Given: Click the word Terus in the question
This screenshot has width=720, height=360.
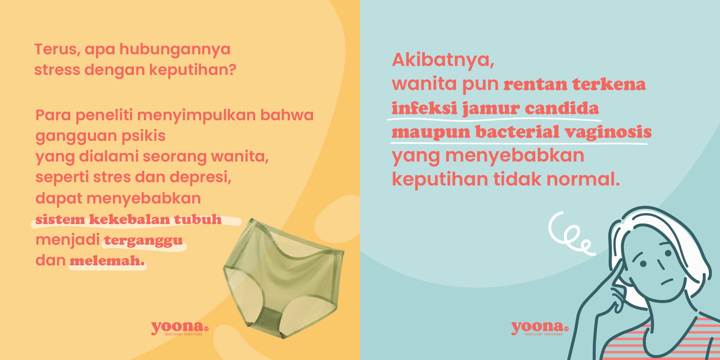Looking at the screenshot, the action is click(x=56, y=49).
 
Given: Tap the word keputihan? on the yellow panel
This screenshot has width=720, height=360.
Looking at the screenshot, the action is click(x=192, y=70).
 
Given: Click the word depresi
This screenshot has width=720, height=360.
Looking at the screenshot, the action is click(x=200, y=177).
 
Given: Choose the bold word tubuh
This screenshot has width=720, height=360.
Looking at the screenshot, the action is click(x=197, y=219).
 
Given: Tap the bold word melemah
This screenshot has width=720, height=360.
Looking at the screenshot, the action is click(x=107, y=261).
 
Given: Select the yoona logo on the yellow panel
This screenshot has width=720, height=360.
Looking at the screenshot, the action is click(x=180, y=328).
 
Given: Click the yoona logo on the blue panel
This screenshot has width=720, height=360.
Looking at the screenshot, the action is click(x=540, y=328).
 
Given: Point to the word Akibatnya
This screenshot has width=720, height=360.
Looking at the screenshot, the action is click(x=443, y=60).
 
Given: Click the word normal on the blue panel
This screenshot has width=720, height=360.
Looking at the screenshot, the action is click(x=583, y=179).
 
